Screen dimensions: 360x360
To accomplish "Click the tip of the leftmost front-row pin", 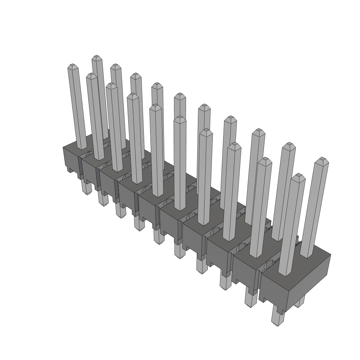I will (72, 66).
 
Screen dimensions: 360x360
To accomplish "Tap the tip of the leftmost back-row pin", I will (97, 58).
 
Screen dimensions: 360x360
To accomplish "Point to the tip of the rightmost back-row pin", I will (321, 161).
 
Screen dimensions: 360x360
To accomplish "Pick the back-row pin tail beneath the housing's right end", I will (300, 301).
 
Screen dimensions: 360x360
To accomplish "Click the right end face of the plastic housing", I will (309, 281).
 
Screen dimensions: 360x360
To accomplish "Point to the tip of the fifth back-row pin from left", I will (180, 96).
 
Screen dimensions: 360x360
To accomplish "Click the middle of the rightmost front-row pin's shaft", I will (292, 225).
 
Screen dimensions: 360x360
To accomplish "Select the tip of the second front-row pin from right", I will (265, 160).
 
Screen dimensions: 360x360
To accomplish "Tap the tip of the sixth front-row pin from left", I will (180, 118).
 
